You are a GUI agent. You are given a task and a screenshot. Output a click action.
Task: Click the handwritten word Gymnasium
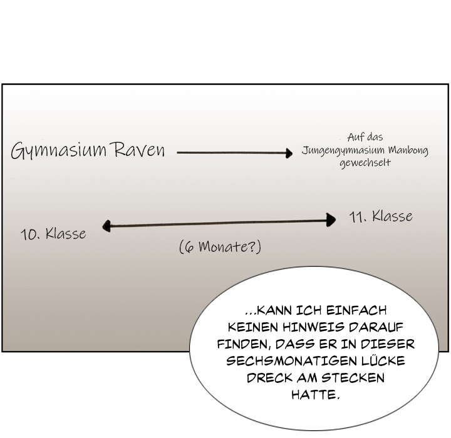coord(59,151)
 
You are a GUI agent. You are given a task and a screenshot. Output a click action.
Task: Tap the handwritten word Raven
coord(140,150)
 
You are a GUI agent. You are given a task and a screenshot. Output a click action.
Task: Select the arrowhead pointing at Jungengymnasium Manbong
coord(289,153)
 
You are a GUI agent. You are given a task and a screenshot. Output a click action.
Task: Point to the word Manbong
coord(408,151)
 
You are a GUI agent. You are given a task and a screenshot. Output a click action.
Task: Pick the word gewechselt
coord(365,163)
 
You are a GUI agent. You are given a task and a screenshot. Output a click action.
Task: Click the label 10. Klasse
coord(53,234)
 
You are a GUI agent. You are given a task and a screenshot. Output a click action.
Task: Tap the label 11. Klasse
coord(381,216)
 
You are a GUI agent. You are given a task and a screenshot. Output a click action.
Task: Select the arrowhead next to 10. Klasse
coord(106,226)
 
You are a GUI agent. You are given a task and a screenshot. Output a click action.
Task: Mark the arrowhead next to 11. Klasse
coord(331,220)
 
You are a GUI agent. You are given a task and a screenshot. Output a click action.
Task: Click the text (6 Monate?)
coord(220,247)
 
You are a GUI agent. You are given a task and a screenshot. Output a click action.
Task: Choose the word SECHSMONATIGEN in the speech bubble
coord(291,361)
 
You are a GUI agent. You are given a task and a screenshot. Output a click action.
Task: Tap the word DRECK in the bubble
coord(269,378)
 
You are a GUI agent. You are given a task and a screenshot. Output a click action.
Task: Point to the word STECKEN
coord(353,378)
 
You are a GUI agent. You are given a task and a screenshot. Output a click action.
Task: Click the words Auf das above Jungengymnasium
coord(365,137)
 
